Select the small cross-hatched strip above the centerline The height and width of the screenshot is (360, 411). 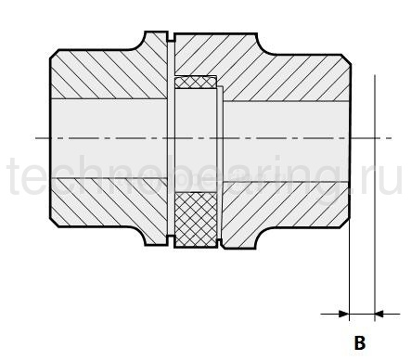point(196,83)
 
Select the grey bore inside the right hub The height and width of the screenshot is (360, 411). point(288,139)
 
